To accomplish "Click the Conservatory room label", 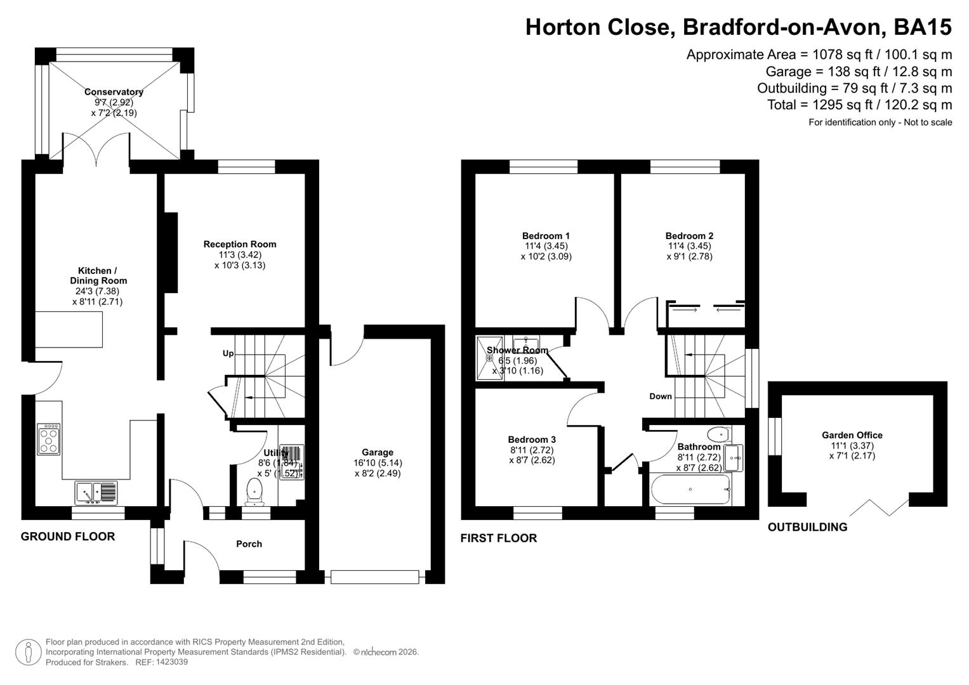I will (x=114, y=92).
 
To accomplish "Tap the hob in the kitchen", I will (x=49, y=439).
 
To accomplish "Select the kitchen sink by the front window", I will (x=96, y=493).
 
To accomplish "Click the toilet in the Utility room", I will (x=254, y=492).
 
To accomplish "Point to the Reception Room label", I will (x=240, y=244).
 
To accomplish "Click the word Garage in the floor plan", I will (x=378, y=452).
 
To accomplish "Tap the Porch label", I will (x=249, y=544).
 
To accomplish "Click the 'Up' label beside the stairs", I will (x=228, y=353).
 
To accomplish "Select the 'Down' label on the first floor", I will (x=661, y=396).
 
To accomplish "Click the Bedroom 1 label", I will (x=546, y=236).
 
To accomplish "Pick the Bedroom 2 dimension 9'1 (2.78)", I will (x=689, y=257).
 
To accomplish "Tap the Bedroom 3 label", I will (x=532, y=440).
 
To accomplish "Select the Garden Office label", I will (x=852, y=435).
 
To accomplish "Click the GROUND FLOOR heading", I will (x=68, y=537).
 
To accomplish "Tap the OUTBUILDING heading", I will (x=807, y=527).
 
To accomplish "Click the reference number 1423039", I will (x=171, y=662).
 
